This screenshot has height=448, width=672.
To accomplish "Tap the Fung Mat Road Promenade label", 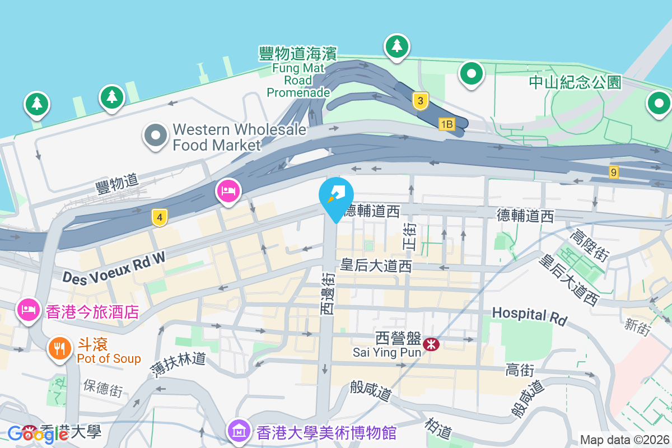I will (297, 73).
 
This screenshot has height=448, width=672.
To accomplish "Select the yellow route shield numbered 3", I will (420, 101).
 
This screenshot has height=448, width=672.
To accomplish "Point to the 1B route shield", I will (446, 124).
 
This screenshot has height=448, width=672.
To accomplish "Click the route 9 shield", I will (614, 172).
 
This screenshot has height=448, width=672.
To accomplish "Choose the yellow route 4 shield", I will (160, 218).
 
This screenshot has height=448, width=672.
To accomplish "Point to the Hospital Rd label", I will (529, 316).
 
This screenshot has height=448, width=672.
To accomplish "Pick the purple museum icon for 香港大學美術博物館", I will (239, 431).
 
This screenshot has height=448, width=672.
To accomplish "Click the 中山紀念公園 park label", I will (575, 82).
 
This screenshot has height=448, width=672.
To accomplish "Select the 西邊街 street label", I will (328, 293).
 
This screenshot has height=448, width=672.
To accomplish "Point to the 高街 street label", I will (519, 370).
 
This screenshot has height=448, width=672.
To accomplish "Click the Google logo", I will (38, 433).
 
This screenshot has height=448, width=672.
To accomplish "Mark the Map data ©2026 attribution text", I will (624, 440).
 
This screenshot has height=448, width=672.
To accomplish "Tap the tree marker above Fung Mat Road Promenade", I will (396, 46).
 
